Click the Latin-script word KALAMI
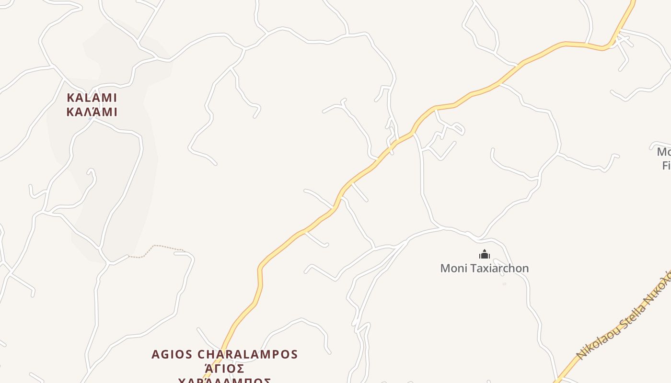pos(92,98)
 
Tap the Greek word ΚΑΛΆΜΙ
pos(92,112)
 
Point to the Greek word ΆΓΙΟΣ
pos(224,369)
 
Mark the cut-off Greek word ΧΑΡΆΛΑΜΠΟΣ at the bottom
pos(224,381)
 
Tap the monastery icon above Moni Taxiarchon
pos(485,254)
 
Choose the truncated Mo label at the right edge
pos(664,152)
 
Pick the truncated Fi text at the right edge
pos(666,166)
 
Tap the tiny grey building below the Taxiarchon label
pos(504,284)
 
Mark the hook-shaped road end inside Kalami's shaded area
pos(91,172)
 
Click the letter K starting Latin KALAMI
pos(70,98)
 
